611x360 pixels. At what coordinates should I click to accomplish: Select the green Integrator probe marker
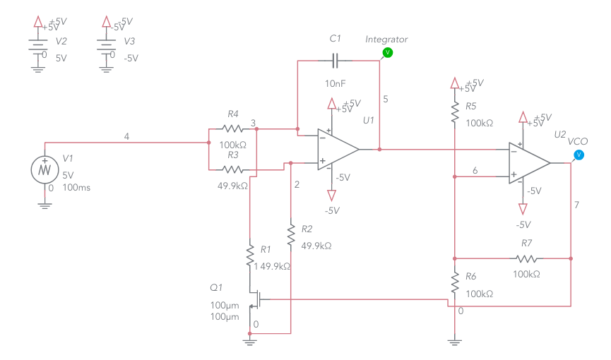(x=386, y=52)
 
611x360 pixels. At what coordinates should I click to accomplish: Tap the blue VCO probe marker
(x=579, y=154)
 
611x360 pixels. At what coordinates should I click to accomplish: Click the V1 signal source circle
(x=45, y=169)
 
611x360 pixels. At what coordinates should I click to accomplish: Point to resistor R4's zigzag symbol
(x=232, y=128)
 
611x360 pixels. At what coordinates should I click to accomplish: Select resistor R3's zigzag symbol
(x=232, y=169)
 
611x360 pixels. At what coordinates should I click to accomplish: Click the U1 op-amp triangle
(x=336, y=149)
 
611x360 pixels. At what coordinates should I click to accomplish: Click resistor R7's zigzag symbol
(x=527, y=258)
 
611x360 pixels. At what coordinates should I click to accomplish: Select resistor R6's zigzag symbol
(x=454, y=284)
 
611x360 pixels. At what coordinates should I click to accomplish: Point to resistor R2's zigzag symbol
(x=290, y=234)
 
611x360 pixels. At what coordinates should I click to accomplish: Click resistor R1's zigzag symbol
(x=249, y=255)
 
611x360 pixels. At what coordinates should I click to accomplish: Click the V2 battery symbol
(x=37, y=47)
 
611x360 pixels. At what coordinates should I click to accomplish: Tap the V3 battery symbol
(x=106, y=47)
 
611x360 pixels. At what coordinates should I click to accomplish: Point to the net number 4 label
(x=126, y=136)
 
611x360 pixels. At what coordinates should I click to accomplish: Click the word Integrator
(x=386, y=39)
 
